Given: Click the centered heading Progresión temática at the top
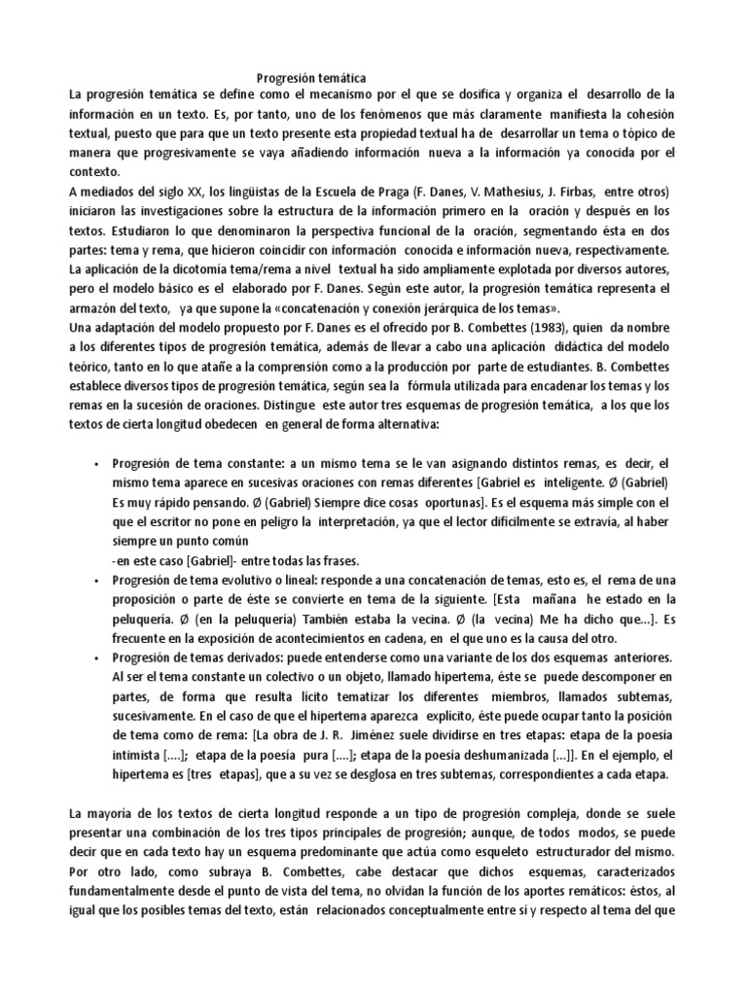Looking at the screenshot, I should pyautogui.click(x=311, y=77).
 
